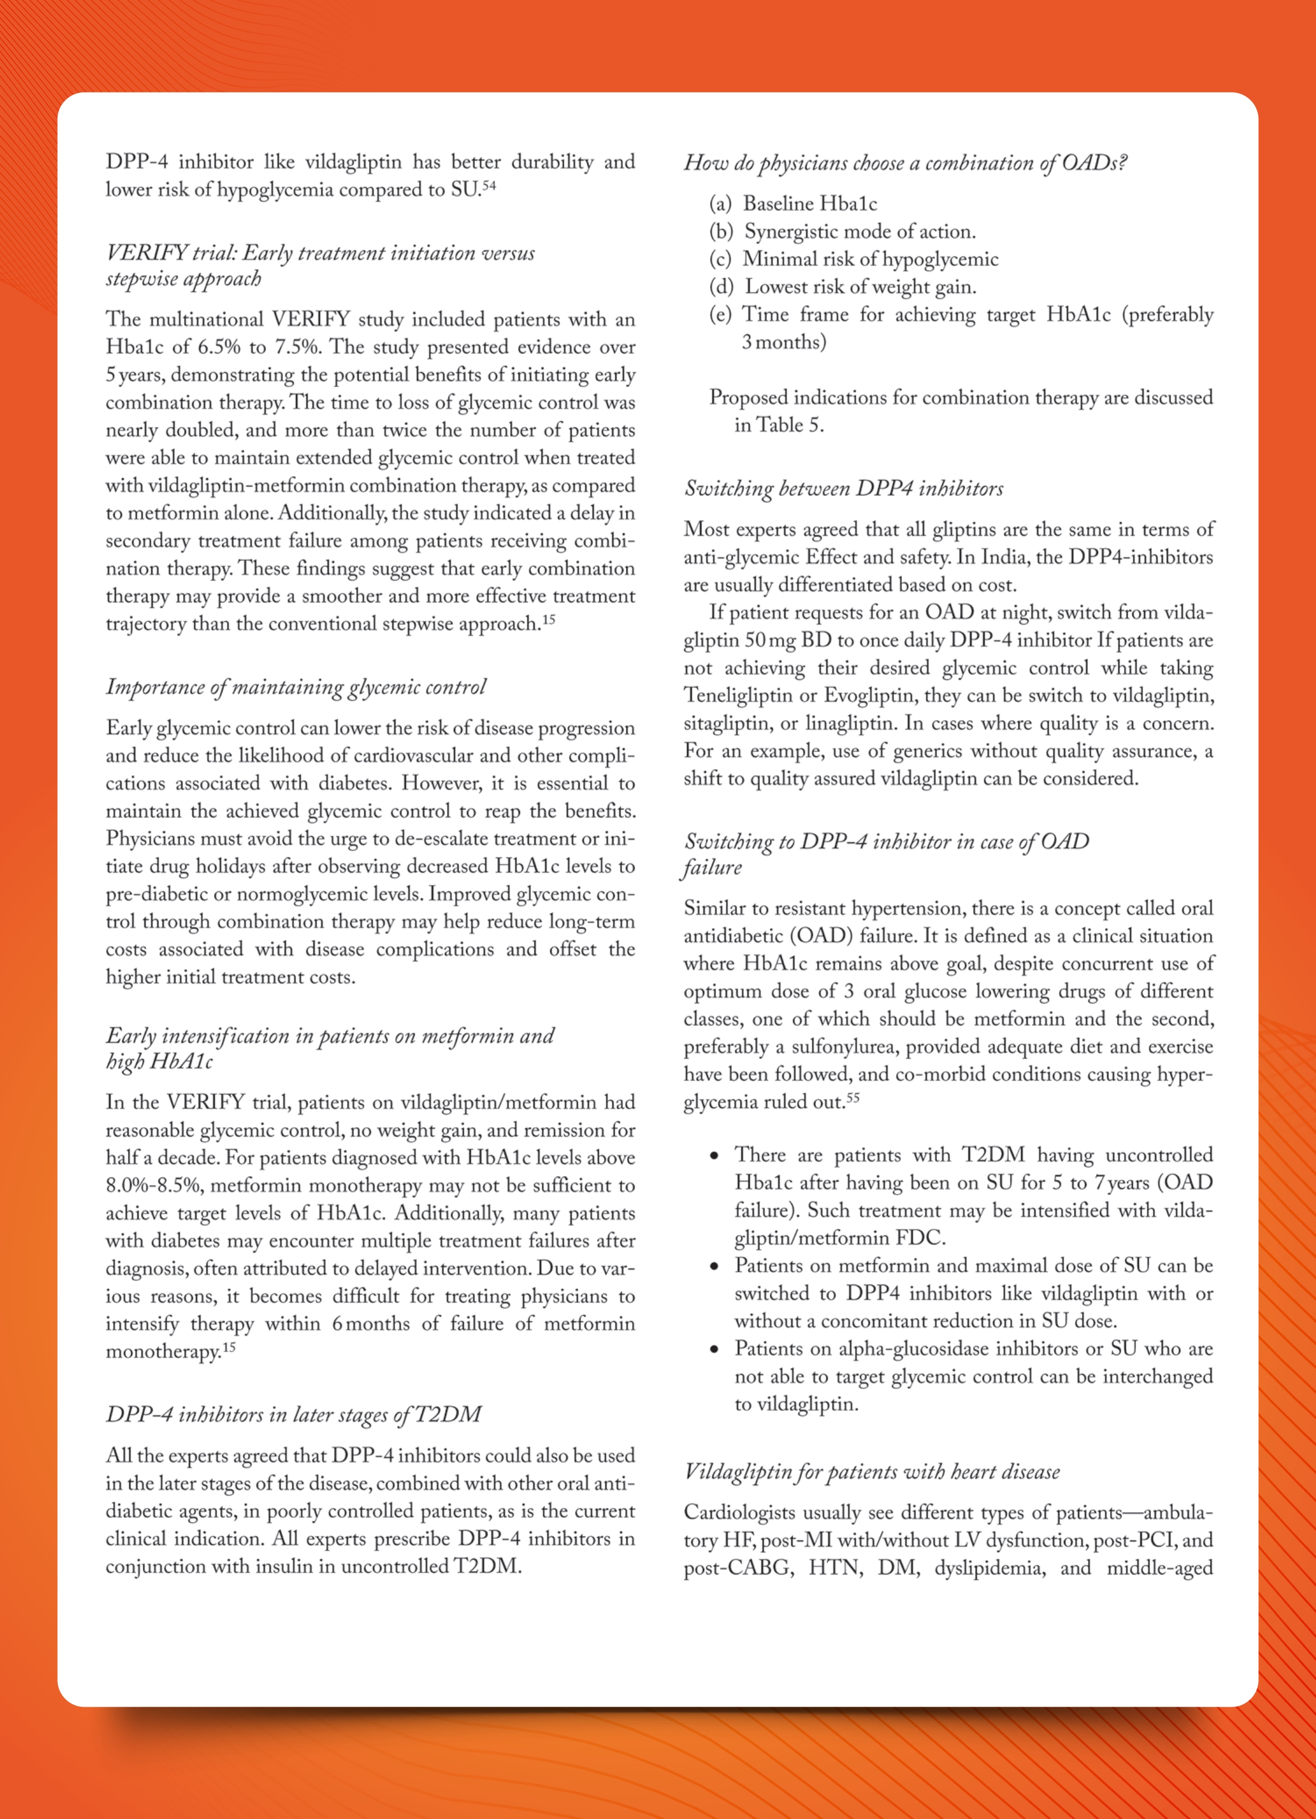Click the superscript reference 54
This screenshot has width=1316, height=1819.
coord(488,186)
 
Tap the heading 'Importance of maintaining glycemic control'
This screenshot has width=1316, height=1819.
coord(296,687)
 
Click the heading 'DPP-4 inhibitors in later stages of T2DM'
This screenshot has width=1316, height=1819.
coord(294,1414)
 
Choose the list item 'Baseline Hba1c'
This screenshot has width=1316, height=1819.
coord(810,204)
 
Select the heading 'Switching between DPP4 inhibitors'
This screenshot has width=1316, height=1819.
coord(843,488)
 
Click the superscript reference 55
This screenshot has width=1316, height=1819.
coord(853,1098)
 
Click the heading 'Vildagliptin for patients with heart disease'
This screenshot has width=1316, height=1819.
coord(871,1472)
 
